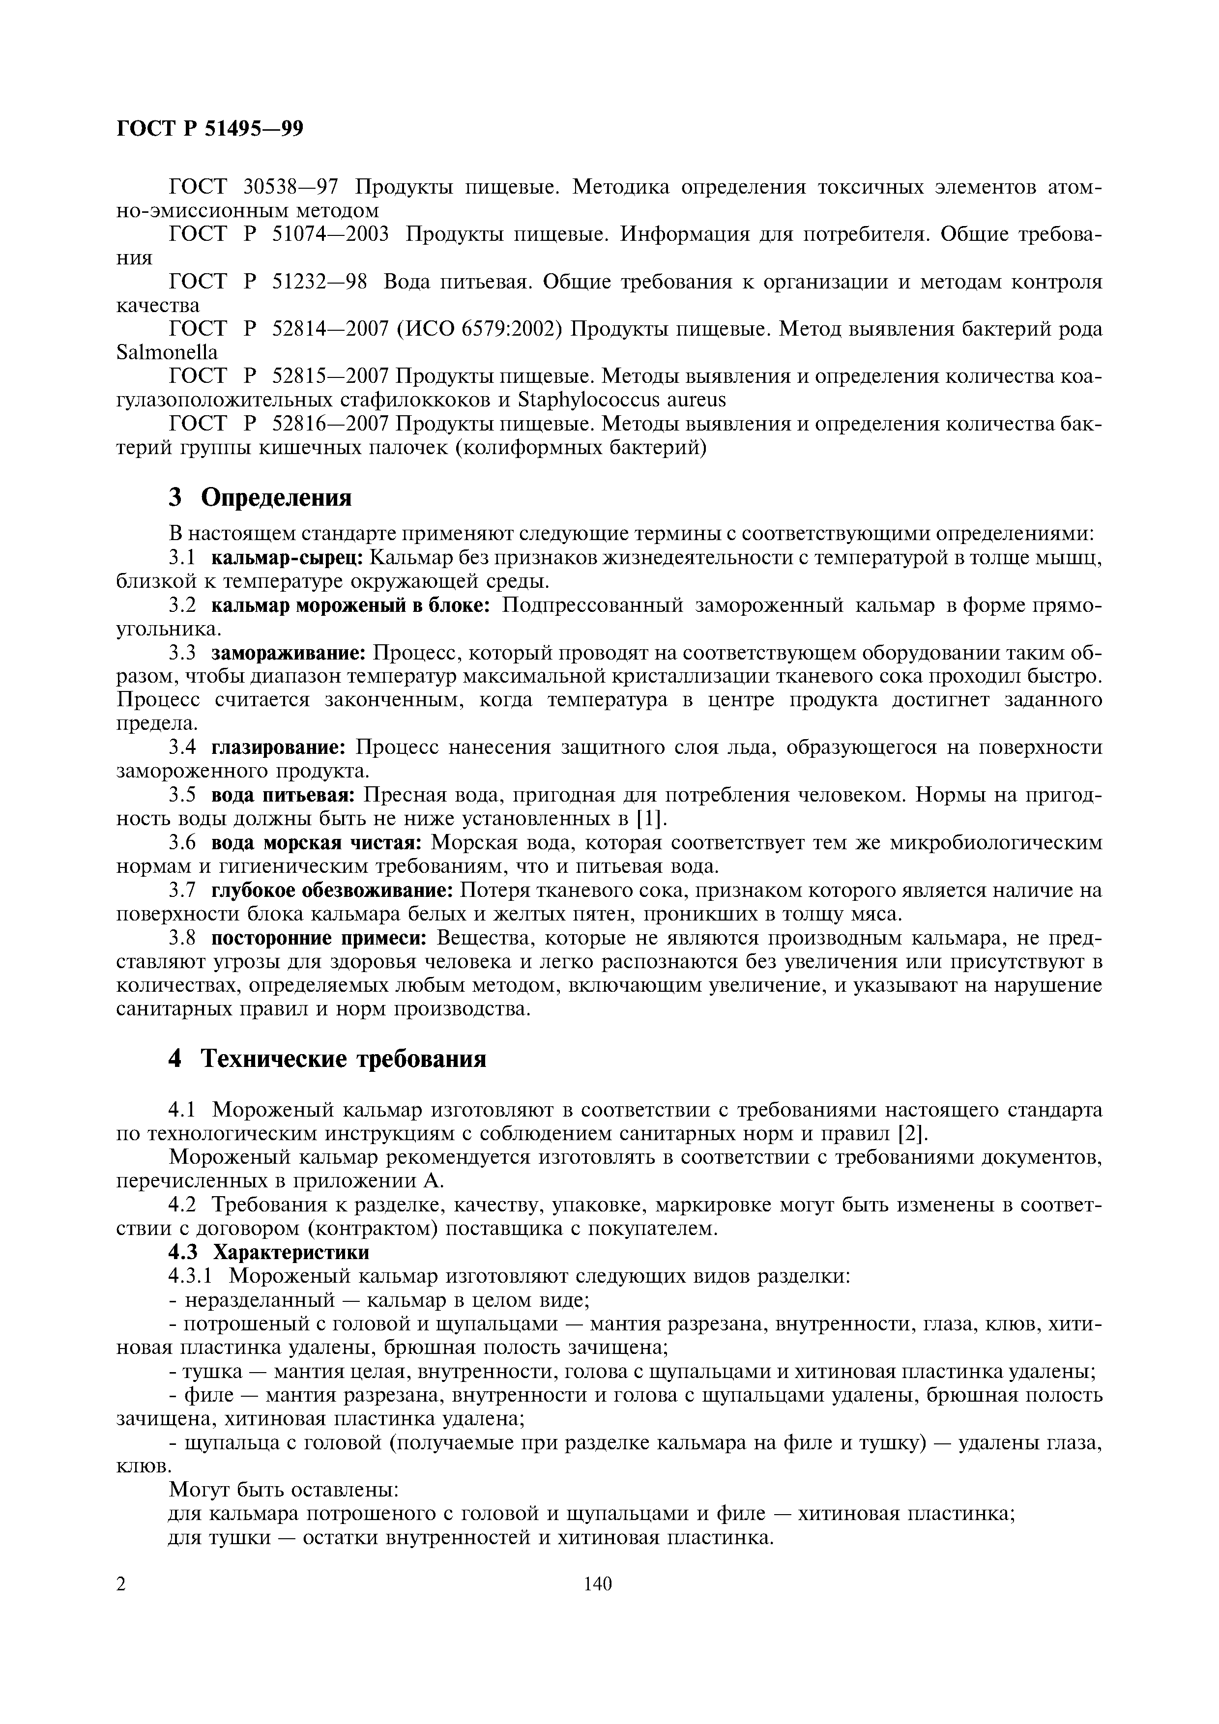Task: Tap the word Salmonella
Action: coord(167,352)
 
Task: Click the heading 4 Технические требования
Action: coord(327,1058)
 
